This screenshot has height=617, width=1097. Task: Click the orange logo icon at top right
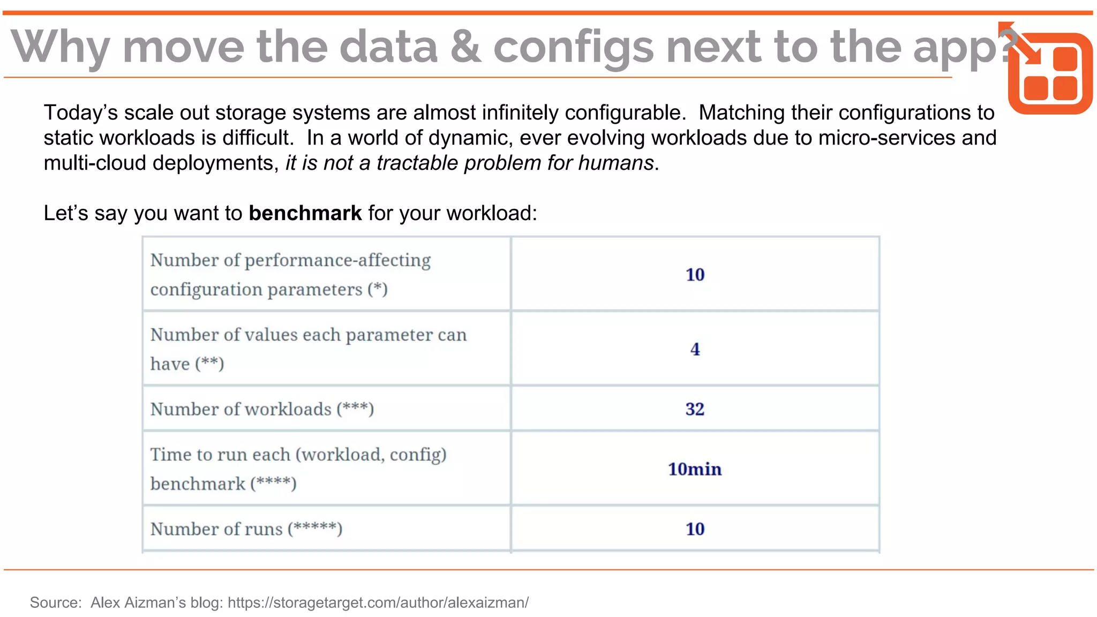[1049, 72]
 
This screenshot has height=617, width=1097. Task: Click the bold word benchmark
[305, 213]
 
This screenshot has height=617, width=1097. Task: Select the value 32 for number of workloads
[695, 409]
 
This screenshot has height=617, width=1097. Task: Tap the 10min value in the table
[695, 469]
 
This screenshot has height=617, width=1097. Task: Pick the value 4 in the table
[695, 349]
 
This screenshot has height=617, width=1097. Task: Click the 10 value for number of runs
[695, 529]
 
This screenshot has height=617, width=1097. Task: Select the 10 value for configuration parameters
[695, 275]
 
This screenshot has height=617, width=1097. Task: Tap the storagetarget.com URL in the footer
[378, 603]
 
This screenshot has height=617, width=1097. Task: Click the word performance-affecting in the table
[337, 260]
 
